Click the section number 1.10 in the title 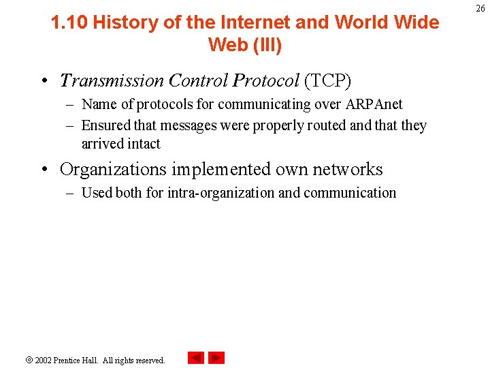coord(69,22)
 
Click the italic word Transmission coord(112,81)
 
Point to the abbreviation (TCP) coord(327,81)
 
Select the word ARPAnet coord(374,104)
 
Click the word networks coord(348,169)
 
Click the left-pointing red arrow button coord(196,358)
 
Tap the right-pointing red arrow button coord(216,358)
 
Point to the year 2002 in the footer coord(43,360)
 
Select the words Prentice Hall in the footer coord(76,360)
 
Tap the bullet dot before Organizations coord(43,170)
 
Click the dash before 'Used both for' coord(70,193)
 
